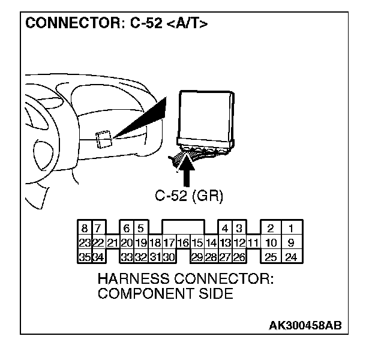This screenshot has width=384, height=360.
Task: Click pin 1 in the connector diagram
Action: pyautogui.click(x=291, y=229)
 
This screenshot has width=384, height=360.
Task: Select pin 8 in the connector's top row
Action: pyautogui.click(x=85, y=229)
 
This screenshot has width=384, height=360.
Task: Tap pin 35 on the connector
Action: pyautogui.click(x=85, y=257)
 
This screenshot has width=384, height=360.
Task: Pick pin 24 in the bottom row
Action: pyautogui.click(x=291, y=257)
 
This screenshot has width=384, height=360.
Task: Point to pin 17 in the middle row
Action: pyautogui.click(x=169, y=243)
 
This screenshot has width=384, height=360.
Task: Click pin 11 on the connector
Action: pyautogui.click(x=253, y=243)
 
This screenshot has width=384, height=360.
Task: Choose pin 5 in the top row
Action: pyautogui.click(x=140, y=229)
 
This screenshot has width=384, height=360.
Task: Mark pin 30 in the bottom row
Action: pyautogui.click(x=169, y=257)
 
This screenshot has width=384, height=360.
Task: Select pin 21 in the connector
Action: pyautogui.click(x=112, y=243)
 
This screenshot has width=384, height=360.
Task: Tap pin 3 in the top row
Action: pyautogui.click(x=239, y=229)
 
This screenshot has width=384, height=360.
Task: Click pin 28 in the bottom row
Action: pyautogui.click(x=211, y=257)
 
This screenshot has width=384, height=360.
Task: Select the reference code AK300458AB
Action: pyautogui.click(x=305, y=326)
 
